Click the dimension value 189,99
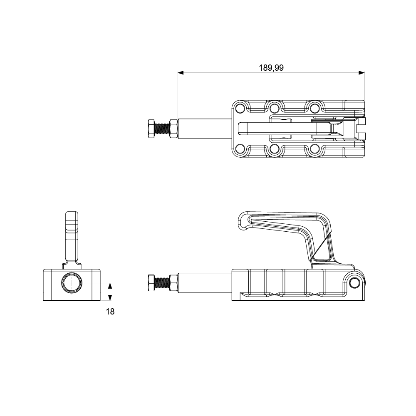point(271,68)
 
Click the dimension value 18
point(110,311)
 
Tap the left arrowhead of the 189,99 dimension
point(181,73)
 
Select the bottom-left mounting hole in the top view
point(240,149)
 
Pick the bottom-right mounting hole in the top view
point(315,149)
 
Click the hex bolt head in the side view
point(151,283)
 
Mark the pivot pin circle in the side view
point(354,283)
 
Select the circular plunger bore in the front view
point(72,283)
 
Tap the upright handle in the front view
point(72,237)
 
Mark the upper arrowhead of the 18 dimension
point(110,286)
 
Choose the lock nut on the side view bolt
point(174,283)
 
